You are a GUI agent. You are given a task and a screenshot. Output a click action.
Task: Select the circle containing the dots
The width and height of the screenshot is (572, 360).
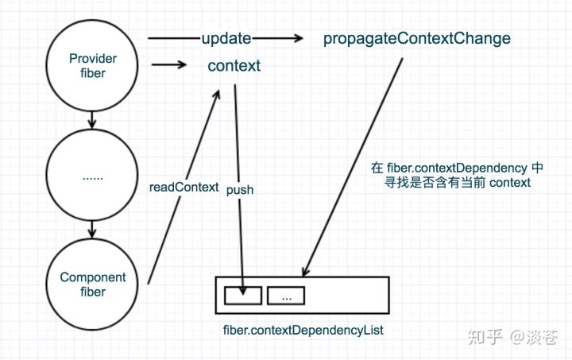(93, 176)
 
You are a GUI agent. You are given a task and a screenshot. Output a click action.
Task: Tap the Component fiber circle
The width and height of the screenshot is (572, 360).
(93, 285)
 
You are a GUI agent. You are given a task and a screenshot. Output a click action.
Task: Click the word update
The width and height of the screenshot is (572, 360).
(226, 38)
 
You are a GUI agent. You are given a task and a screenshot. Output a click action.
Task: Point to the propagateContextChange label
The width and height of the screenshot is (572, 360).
(417, 38)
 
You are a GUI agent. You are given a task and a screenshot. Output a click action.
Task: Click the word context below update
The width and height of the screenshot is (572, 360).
(234, 66)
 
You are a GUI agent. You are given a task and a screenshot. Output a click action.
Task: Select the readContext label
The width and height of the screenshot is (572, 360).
(184, 188)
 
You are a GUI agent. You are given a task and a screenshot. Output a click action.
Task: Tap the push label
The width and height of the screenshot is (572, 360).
(240, 191)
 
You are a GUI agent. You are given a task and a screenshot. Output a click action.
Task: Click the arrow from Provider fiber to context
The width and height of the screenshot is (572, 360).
(169, 66)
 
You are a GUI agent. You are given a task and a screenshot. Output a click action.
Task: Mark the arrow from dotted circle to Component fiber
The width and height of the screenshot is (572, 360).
(93, 230)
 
